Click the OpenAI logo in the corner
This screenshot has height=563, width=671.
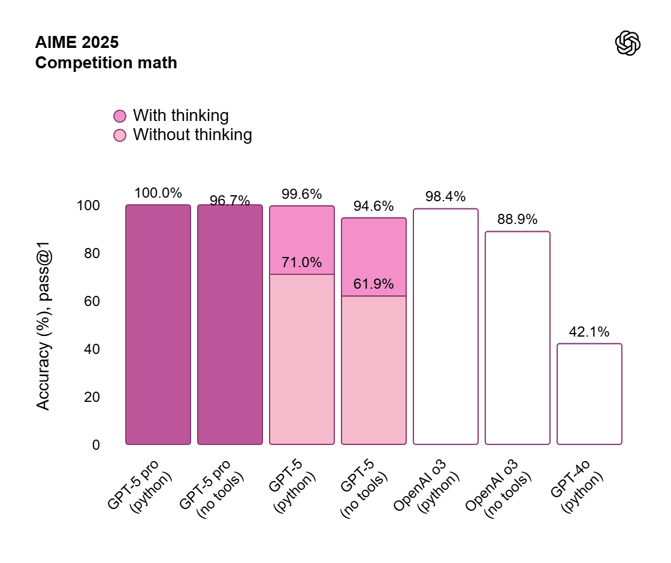[x=628, y=44]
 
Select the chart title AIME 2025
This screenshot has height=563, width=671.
[x=77, y=43]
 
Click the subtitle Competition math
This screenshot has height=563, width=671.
[x=106, y=62]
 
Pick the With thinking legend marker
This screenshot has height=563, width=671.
[x=120, y=116]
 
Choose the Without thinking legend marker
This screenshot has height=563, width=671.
[x=120, y=135]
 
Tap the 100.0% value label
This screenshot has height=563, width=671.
[x=158, y=193]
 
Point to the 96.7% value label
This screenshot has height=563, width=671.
[x=230, y=201]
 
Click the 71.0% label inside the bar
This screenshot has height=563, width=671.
[x=302, y=262]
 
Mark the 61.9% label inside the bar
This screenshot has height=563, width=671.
[x=374, y=284]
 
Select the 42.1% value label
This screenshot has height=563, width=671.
[x=590, y=332]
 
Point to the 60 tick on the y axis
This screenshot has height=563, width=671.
[x=88, y=301]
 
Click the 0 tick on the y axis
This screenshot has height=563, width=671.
[x=96, y=445]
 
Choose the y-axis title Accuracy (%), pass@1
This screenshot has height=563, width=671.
[x=44, y=325]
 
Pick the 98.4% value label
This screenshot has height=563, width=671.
[x=446, y=196]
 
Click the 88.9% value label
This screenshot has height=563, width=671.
[x=518, y=219]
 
